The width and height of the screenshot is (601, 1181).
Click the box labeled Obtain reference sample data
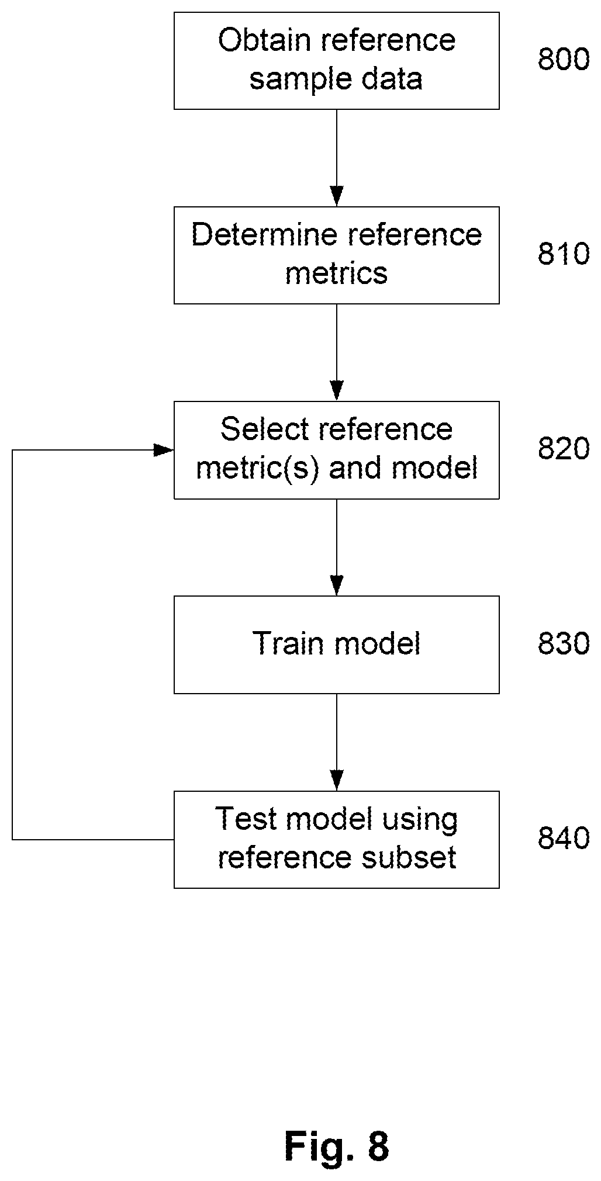pos(337,61)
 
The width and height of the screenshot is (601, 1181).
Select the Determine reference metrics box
pos(337,255)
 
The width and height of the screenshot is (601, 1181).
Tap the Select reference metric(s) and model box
pos(337,450)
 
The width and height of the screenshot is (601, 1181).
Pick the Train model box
pos(337,645)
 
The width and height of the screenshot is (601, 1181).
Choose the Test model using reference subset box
pos(337,840)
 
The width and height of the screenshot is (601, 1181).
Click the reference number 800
pos(564,60)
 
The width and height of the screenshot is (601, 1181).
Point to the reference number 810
pos(564,254)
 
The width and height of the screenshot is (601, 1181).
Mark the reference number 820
pos(564,449)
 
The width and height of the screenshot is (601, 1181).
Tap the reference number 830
pos(564,643)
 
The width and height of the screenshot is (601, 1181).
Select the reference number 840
pos(564,839)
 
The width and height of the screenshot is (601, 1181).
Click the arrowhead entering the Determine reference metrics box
pos(337,196)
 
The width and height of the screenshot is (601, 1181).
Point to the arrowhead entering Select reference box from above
pos(337,391)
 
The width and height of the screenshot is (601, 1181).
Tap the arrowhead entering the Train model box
pos(337,586)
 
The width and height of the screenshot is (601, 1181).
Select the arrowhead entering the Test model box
pos(337,781)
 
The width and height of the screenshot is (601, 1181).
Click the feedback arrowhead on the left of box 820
pos(164,450)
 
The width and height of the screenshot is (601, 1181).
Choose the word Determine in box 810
pos(265,235)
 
